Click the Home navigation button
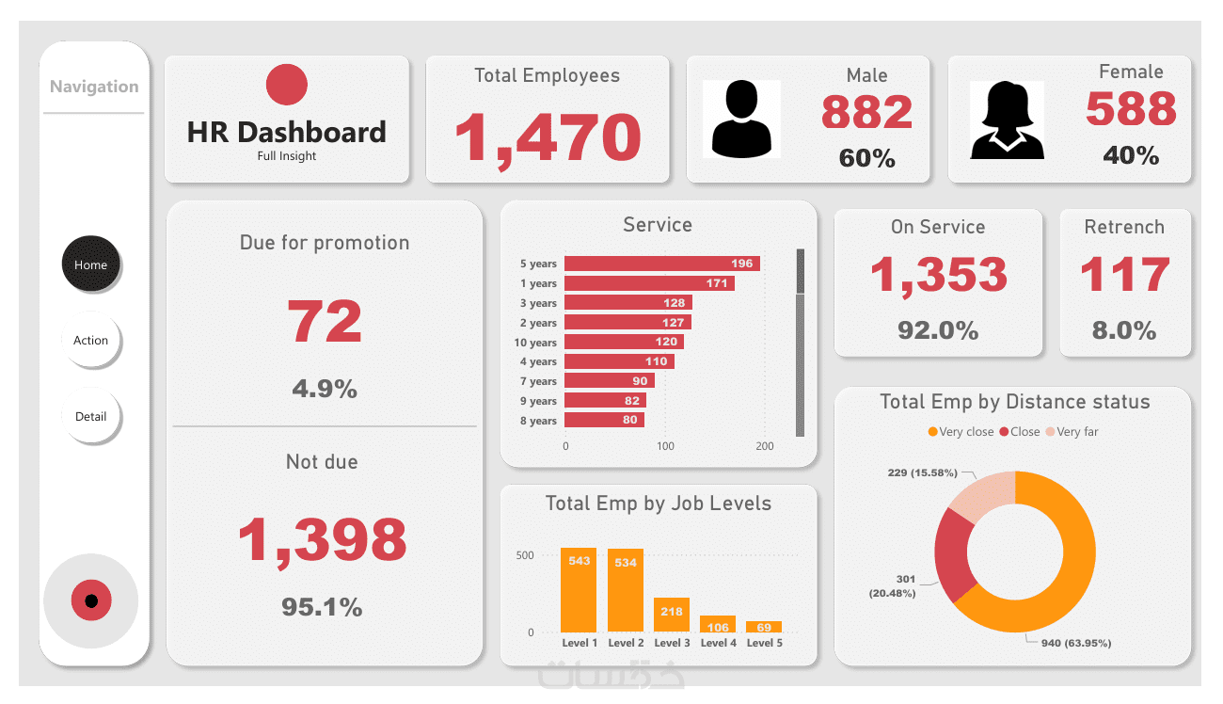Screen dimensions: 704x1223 click(91, 264)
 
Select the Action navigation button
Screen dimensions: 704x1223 click(91, 340)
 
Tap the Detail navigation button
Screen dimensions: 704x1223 click(91, 416)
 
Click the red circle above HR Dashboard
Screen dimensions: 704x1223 click(287, 85)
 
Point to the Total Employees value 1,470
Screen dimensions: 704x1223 click(548, 137)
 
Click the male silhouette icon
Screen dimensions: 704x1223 click(741, 119)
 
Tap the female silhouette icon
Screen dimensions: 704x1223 click(1008, 119)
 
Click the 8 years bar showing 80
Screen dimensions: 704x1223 click(604, 421)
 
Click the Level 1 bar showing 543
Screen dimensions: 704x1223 click(579, 590)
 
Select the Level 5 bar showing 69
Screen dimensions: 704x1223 click(764, 627)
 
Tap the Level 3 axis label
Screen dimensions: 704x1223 click(672, 643)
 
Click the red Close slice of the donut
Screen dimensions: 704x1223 click(954, 556)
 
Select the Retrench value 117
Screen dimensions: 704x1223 click(1125, 275)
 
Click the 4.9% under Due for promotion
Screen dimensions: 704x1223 click(325, 389)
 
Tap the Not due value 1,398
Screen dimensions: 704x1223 click(322, 539)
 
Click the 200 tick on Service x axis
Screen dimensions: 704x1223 click(764, 446)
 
